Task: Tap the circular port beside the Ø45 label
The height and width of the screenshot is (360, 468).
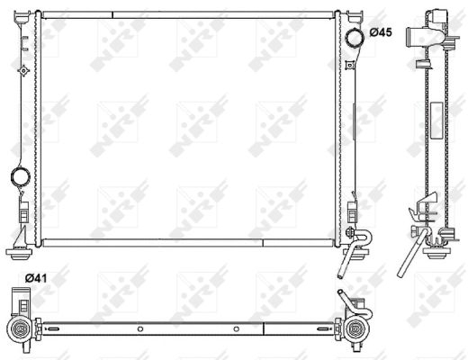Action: [x=355, y=36]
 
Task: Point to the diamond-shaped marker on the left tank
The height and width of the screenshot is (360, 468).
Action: [x=22, y=70]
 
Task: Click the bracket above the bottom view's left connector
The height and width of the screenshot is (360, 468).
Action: [x=17, y=298]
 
